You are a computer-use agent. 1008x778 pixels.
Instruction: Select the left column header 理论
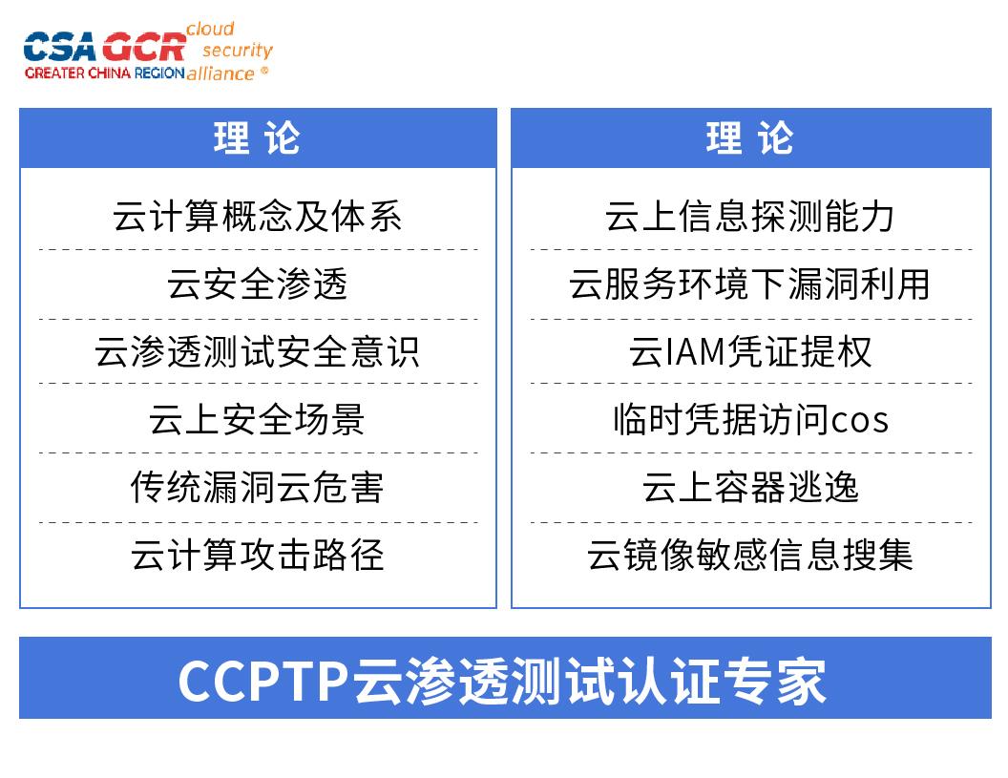tap(258, 138)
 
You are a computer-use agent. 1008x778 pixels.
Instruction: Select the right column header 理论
tap(750, 138)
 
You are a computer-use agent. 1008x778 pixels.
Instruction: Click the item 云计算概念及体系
tap(258, 216)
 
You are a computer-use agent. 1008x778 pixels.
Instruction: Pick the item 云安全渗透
tap(258, 284)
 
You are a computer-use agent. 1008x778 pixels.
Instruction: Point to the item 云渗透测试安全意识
tap(258, 351)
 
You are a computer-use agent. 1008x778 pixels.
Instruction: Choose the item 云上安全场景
tap(258, 419)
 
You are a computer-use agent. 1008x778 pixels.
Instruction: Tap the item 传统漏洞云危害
tap(258, 487)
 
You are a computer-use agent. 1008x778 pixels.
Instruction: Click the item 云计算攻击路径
tap(258, 555)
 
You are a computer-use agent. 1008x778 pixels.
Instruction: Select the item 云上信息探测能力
tap(750, 216)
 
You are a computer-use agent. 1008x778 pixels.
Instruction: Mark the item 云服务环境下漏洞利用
tap(750, 284)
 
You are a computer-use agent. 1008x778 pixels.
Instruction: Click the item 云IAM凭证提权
tap(750, 351)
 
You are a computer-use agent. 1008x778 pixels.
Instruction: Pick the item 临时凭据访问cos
tap(750, 419)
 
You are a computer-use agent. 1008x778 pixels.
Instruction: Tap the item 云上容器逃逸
tap(750, 487)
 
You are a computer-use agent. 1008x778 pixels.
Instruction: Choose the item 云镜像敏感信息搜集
tap(750, 555)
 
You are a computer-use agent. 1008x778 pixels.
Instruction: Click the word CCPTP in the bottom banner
tap(263, 681)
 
